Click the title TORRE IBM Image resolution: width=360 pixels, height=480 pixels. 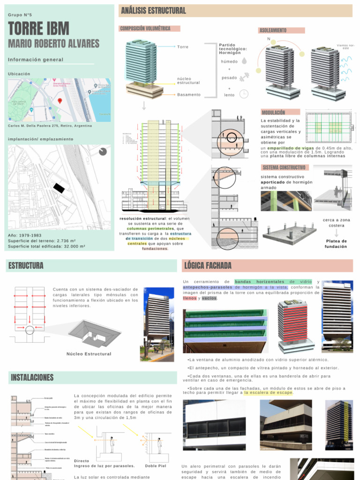coord(38,29)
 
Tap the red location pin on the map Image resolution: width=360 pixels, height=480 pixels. coord(60,101)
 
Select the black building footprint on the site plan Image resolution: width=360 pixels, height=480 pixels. coord(59,188)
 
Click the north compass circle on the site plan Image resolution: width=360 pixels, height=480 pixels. coord(103,151)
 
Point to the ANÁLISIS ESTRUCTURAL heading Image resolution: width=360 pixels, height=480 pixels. coord(153,11)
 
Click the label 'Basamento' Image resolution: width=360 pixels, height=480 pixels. coord(188,95)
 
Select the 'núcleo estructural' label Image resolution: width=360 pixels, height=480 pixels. coord(188,81)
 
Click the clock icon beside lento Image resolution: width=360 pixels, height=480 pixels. coord(244,94)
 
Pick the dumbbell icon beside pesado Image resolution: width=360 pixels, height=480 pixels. coord(244,78)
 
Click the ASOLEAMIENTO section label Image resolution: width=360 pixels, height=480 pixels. coord(273,30)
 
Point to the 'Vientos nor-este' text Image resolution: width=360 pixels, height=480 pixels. coord(345,47)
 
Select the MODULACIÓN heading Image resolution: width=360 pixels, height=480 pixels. coord(273,112)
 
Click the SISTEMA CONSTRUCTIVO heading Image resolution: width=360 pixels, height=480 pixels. coord(284,167)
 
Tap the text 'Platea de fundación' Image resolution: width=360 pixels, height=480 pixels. coord(336,244)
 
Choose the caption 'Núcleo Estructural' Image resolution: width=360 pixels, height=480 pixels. coord(89,354)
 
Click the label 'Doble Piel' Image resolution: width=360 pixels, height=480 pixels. coord(155,466)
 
